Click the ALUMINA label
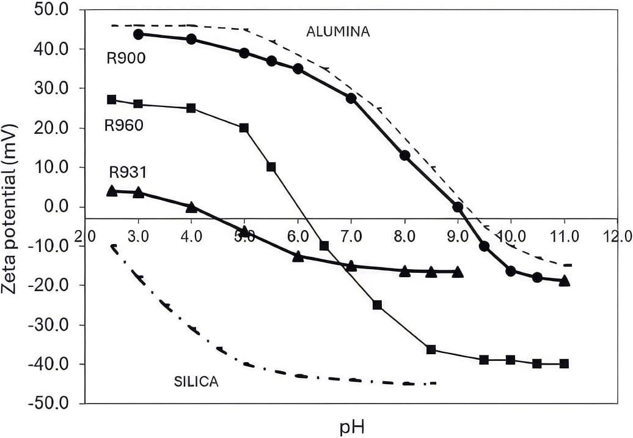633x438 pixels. click(x=338, y=31)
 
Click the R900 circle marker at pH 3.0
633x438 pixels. click(x=138, y=34)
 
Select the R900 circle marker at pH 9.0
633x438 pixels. click(x=458, y=207)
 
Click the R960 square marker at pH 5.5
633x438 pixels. click(x=271, y=167)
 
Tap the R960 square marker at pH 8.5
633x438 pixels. click(x=431, y=349)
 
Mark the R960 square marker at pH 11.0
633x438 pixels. click(x=564, y=363)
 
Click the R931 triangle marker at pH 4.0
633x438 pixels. click(x=191, y=207)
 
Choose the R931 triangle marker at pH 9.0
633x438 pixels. click(x=458, y=272)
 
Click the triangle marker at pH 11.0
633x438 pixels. click(x=564, y=281)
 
